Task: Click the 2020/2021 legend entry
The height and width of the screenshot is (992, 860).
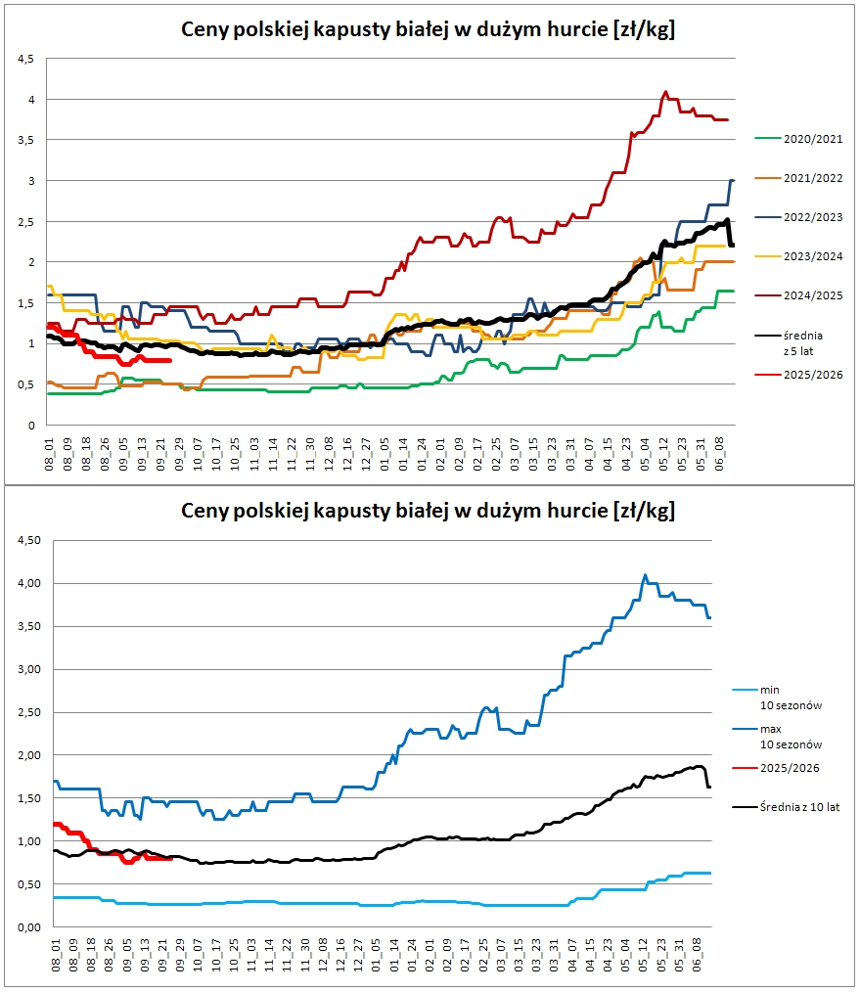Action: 798,139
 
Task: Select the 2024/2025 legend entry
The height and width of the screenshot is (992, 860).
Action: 798,295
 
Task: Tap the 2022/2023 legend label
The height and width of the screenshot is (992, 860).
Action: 813,217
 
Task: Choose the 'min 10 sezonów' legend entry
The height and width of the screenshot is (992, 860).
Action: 777,698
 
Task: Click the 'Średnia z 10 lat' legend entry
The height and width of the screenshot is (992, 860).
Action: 787,807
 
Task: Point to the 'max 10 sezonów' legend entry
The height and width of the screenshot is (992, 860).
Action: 777,737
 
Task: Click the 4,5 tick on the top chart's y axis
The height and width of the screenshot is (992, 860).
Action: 26,59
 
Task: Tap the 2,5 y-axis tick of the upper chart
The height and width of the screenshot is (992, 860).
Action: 26,222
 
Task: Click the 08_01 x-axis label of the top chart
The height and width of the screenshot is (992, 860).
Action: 50,454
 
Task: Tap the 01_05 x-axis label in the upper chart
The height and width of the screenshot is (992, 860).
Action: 385,454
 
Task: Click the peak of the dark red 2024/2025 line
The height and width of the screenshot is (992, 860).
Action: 665,92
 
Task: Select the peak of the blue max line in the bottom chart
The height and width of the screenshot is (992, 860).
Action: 645,575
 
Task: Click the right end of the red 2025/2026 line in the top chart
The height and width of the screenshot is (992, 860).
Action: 170,361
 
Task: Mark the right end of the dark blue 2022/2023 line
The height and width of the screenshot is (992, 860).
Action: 733,181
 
